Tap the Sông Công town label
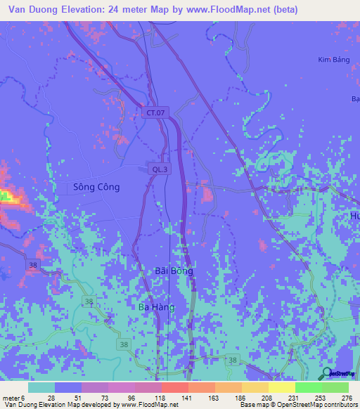coord(96,188)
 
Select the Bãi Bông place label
coord(173,271)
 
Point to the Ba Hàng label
coord(156,307)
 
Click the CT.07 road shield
coord(157,112)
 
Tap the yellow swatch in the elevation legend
coord(281,387)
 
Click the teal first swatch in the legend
coord(41,387)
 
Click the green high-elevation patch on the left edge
coord(8,196)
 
